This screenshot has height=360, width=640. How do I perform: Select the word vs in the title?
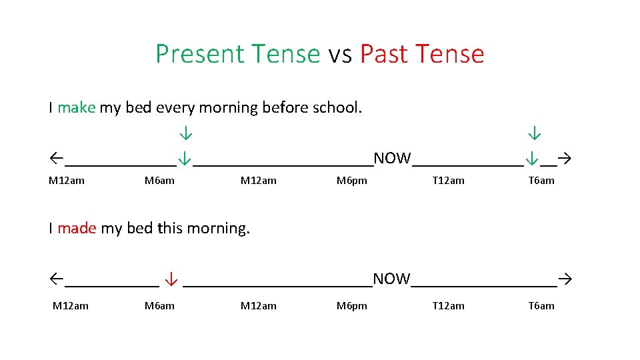coord(340,55)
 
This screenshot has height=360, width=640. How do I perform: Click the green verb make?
coord(76,107)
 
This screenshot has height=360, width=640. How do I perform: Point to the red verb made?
coord(77,228)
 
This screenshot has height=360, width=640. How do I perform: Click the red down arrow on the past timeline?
coord(171,279)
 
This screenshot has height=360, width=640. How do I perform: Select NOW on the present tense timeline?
coord(392,158)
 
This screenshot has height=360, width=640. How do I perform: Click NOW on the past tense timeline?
coord(391,279)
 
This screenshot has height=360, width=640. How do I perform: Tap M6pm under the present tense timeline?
coord(351,181)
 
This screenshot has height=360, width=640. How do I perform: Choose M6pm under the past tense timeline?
coord(351,306)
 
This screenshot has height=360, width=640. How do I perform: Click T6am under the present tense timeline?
coord(541,181)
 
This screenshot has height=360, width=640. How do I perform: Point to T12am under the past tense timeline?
coord(448,306)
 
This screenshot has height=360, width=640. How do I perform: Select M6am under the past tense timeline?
coord(159,306)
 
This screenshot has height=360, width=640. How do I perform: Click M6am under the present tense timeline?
coord(159,181)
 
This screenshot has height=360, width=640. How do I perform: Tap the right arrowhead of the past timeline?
coord(566,279)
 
